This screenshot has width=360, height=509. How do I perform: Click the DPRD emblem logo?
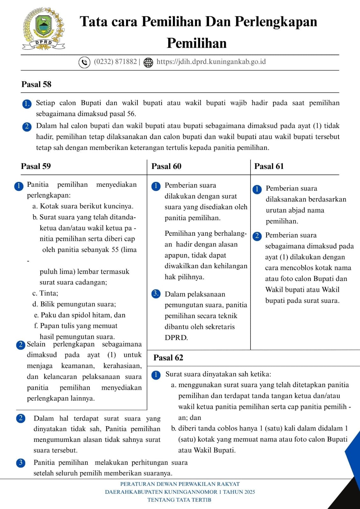point(44,29)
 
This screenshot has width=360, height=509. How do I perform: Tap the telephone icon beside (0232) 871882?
point(84,62)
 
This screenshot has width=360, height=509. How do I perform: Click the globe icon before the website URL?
point(148,62)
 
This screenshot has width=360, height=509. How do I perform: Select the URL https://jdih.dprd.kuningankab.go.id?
point(211,62)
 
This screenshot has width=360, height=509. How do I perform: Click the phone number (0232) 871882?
point(115,62)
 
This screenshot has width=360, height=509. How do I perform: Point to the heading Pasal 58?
point(36,84)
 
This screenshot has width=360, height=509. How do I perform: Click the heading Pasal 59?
point(36,166)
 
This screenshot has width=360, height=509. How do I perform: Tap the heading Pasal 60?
point(166,166)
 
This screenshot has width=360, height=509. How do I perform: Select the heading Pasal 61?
point(269,166)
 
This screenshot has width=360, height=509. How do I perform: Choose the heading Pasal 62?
point(168,358)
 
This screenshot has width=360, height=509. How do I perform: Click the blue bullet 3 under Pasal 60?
point(156,293)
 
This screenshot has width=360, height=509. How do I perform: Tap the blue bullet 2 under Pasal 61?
point(257,236)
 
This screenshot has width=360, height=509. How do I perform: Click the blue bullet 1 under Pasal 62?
point(156,375)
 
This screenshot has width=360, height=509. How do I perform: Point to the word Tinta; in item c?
point(49,293)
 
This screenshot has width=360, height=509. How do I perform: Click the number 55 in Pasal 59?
point(115,250)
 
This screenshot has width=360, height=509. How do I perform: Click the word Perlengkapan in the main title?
point(276,22)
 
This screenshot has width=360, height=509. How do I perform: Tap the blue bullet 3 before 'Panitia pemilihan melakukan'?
point(21,463)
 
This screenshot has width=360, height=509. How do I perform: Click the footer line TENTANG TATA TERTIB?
point(180,500)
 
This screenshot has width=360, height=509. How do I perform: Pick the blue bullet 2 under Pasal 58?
point(27,126)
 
